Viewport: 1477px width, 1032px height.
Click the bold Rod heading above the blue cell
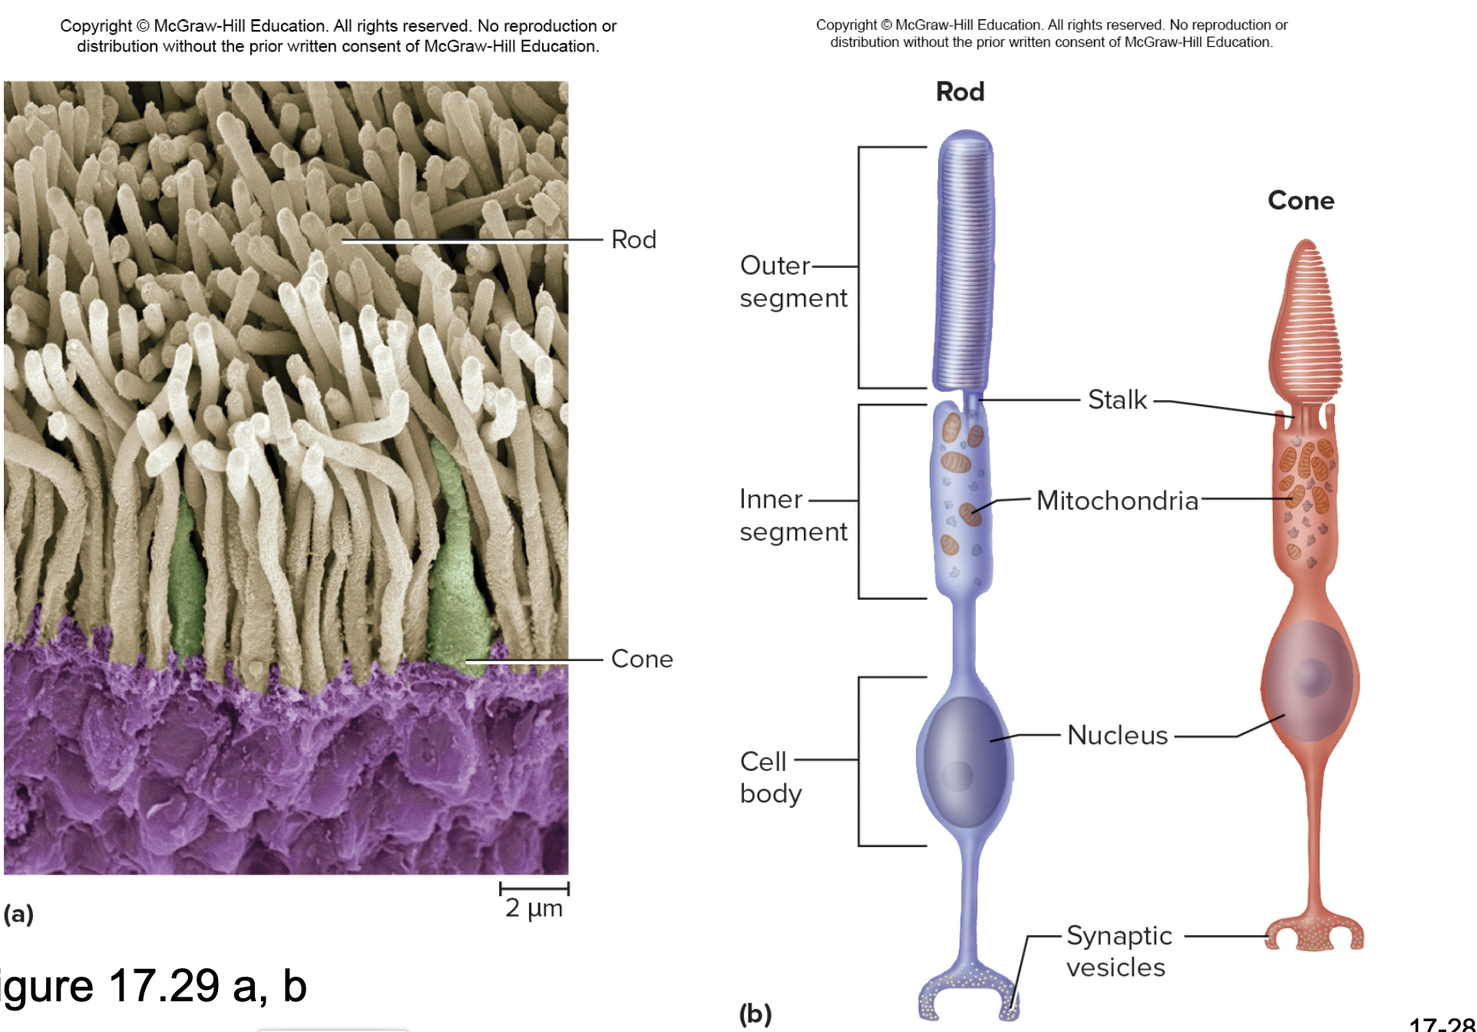(960, 92)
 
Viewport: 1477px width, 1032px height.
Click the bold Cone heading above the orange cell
(1300, 200)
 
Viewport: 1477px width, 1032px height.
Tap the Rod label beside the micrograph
(633, 240)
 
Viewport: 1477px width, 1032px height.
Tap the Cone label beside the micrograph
(642, 659)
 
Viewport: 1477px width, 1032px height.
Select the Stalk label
(1117, 399)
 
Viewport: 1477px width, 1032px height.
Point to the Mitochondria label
(1117, 501)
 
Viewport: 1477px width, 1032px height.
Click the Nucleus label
(1117, 735)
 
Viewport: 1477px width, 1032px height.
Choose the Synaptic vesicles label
(1118, 951)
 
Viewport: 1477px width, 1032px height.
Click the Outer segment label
(793, 281)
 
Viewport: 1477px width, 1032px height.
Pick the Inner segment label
(793, 515)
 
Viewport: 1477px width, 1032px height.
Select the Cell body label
(770, 777)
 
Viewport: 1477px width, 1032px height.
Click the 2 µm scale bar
(534, 889)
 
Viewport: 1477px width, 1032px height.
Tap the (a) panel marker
(18, 914)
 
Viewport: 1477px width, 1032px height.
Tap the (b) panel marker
(755, 1014)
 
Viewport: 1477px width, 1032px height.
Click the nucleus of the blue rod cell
(964, 760)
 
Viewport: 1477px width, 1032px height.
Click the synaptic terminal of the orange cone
(1313, 933)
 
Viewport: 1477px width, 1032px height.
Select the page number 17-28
(1442, 1024)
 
